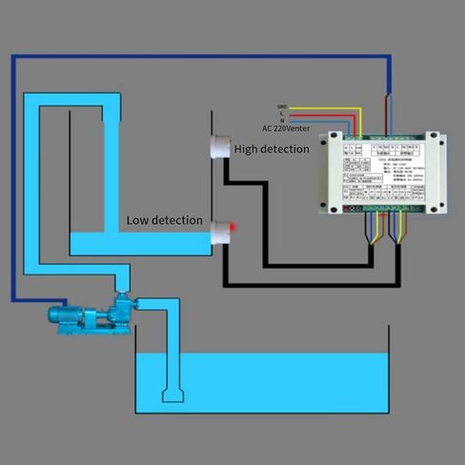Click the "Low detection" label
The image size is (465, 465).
[x=164, y=220]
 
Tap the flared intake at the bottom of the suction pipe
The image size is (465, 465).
[x=172, y=394]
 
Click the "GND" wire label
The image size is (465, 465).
[x=282, y=107]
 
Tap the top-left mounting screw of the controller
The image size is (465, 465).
[x=323, y=139]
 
